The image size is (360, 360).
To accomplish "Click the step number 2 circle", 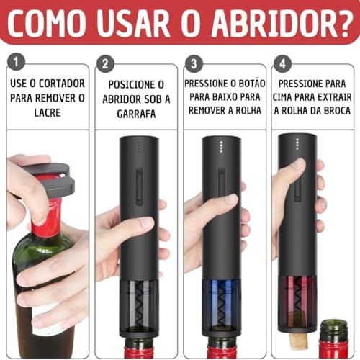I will pyautogui.click(x=107, y=64).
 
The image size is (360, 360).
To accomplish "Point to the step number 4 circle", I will pyautogui.click(x=283, y=64).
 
